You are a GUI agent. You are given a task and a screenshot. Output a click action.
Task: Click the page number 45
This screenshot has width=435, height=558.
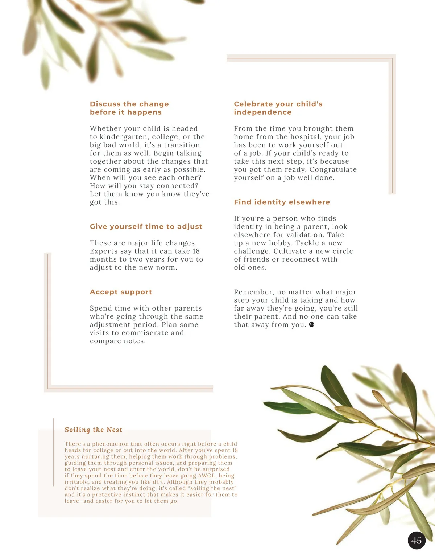click(x=417, y=541)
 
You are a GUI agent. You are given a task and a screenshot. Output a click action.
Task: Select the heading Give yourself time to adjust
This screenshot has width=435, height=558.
click(x=146, y=227)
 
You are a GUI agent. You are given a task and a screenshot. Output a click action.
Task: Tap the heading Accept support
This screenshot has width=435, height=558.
click(x=121, y=292)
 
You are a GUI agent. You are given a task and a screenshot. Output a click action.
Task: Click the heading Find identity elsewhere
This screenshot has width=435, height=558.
click(x=282, y=202)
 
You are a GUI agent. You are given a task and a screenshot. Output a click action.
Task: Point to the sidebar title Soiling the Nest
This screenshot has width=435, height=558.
click(x=94, y=430)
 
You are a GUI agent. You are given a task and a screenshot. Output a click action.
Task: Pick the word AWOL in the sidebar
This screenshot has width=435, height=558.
click(x=207, y=476)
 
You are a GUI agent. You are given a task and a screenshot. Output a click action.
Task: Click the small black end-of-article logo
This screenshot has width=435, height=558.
click(x=312, y=325)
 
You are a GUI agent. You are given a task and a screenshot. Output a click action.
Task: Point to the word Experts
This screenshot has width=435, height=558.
click(x=103, y=251)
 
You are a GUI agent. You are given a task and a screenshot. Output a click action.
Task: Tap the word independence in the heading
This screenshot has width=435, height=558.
click(x=262, y=112)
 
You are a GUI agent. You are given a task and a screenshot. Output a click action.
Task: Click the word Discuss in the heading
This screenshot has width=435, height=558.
click(x=105, y=104)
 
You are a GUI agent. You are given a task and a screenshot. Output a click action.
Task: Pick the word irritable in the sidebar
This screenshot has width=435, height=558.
click(x=77, y=482)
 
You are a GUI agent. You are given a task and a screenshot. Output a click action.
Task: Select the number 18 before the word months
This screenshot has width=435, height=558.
click(x=196, y=251)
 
